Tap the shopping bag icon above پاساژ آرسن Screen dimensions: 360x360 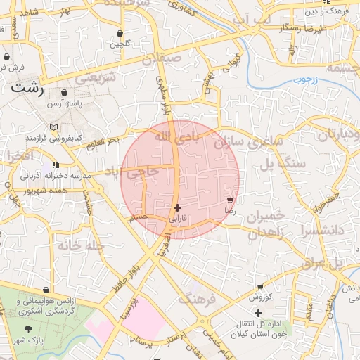tap(65, 93)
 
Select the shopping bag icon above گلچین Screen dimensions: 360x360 tap(120, 33)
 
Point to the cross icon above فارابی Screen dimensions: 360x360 tap(177, 207)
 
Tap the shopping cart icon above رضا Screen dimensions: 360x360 tap(230, 200)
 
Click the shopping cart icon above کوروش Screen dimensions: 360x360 tap(260, 287)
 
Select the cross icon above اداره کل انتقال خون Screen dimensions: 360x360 tap(258, 313)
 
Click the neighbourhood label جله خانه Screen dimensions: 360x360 tap(63, 247)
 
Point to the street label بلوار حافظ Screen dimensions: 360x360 tap(124, 278)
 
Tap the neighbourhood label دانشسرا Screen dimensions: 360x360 tap(328, 230)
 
